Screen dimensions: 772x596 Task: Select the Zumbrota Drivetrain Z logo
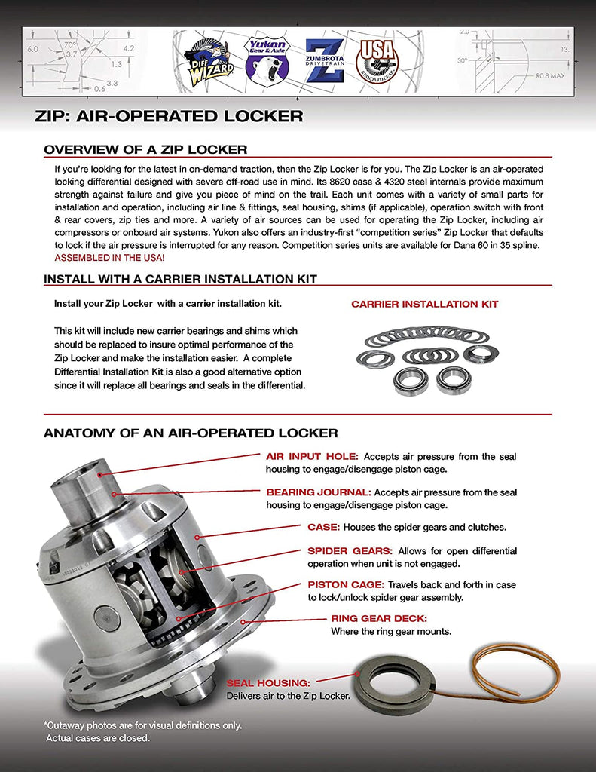(x=326, y=60)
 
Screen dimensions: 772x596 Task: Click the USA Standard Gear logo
(x=377, y=60)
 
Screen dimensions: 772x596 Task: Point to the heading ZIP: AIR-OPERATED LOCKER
(x=169, y=116)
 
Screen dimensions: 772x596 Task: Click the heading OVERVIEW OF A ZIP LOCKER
(x=145, y=149)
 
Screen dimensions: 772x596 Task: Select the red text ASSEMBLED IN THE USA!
(x=109, y=257)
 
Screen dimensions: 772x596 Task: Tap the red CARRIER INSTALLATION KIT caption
(x=424, y=305)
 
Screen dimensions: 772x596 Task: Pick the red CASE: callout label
(x=323, y=527)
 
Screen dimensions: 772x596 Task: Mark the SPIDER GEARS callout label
(x=350, y=551)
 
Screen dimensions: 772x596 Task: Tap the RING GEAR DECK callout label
(x=379, y=619)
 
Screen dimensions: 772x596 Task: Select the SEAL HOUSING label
(x=267, y=682)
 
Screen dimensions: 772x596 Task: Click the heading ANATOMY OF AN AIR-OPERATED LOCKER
(x=191, y=433)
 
